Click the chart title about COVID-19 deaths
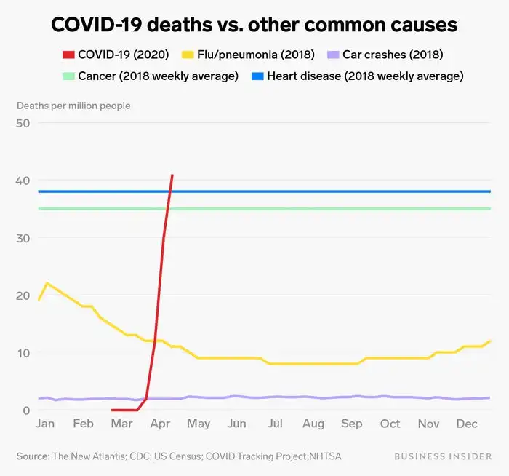[x=254, y=25]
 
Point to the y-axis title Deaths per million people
[x=73, y=106]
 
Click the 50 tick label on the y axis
[x=23, y=123]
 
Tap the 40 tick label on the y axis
[x=23, y=181]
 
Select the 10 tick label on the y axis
[x=23, y=353]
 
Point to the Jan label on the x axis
[x=45, y=424]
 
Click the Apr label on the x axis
[x=160, y=424]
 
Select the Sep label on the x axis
[x=352, y=424]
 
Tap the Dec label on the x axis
[x=468, y=424]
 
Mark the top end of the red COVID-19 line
[x=172, y=175]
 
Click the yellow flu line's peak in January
[x=47, y=283]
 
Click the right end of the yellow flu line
[x=491, y=341]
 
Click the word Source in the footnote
[x=32, y=456]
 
